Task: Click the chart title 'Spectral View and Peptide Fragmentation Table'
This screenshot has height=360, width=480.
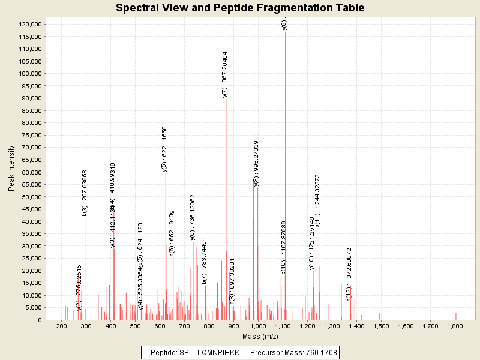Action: click(240, 8)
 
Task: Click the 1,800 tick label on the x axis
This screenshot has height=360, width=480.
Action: click(455, 326)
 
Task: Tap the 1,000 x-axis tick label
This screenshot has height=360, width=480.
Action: click(257, 326)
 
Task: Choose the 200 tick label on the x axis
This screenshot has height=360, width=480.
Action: click(61, 326)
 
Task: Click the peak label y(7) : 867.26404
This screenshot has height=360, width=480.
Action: click(224, 74)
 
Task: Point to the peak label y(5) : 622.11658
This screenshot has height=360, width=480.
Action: click(164, 149)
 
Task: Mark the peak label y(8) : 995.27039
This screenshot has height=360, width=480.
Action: click(256, 163)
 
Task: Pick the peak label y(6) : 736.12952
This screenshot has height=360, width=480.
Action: click(193, 216)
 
